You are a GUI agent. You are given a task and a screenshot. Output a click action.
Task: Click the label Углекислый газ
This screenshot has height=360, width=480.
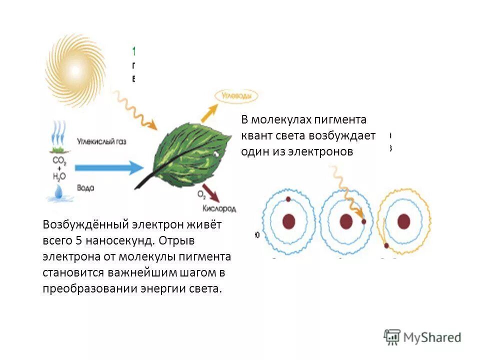pos(102,141)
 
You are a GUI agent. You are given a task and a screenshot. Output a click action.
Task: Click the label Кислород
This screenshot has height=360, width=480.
pos(219,207)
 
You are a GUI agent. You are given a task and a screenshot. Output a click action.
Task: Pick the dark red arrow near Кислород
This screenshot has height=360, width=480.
pos(211,192)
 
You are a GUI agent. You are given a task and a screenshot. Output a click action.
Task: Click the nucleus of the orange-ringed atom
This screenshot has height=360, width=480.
pos(403,221)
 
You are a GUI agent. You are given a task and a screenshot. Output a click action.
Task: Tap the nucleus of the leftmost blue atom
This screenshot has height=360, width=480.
pos(288,221)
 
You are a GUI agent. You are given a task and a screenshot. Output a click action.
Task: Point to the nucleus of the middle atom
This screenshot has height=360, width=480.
pos(345,221)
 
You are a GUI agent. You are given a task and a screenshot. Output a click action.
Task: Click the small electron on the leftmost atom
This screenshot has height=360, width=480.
pos(288,199)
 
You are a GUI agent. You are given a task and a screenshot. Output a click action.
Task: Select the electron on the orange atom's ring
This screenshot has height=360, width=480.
pos(386,245)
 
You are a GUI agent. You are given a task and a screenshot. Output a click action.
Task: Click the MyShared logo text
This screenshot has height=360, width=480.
pos(433,337)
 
